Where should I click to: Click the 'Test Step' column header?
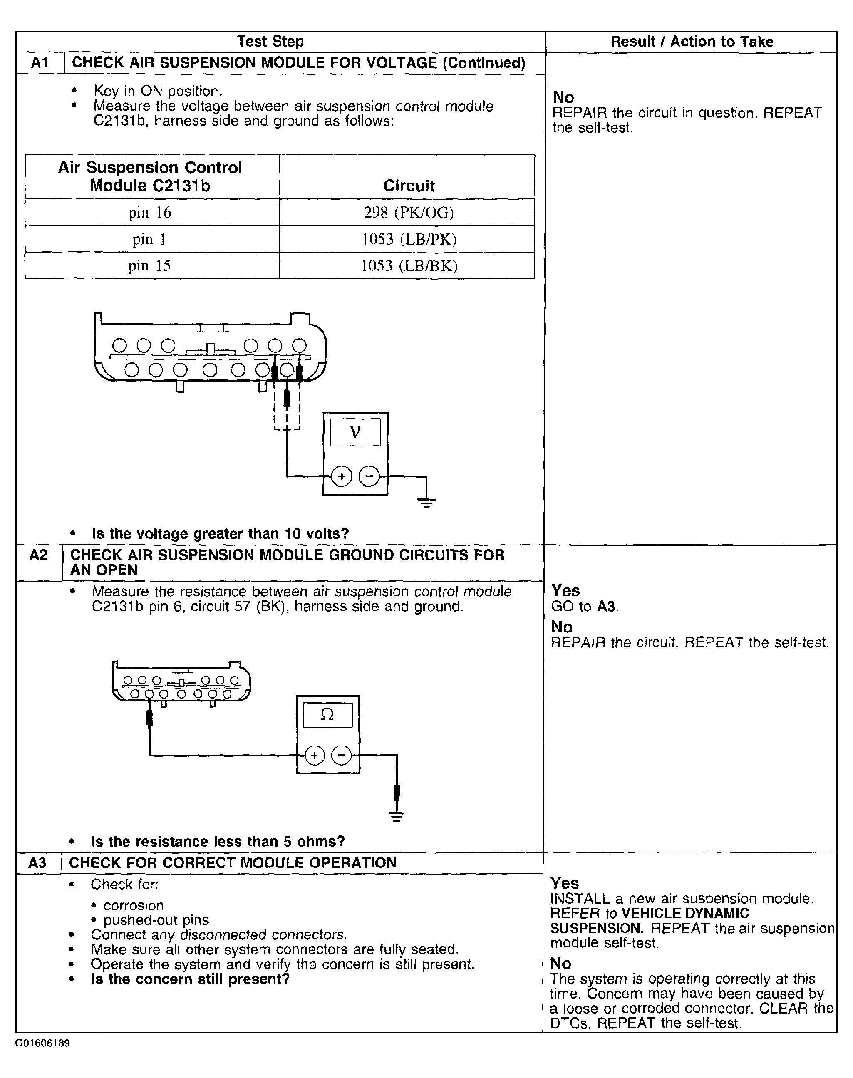point(270,42)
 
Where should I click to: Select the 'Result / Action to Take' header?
point(692,42)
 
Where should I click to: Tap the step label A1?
point(40,63)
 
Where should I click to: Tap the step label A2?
point(38,555)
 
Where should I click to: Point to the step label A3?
point(37,863)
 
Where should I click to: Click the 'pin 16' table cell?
point(150,213)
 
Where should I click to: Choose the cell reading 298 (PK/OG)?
point(409,213)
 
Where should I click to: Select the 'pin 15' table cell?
point(149,265)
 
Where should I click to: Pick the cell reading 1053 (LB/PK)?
point(409,240)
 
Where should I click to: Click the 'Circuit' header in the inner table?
point(409,186)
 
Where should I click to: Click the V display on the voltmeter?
point(355,432)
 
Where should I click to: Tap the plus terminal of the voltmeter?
point(342,476)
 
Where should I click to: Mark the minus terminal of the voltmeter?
point(369,476)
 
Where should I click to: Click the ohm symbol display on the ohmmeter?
point(327,715)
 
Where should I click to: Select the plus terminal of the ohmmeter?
point(315,756)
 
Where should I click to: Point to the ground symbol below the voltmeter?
point(426,502)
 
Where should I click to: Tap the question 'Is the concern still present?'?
point(190,979)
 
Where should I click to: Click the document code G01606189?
point(42,1043)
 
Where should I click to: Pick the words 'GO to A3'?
point(584,607)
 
